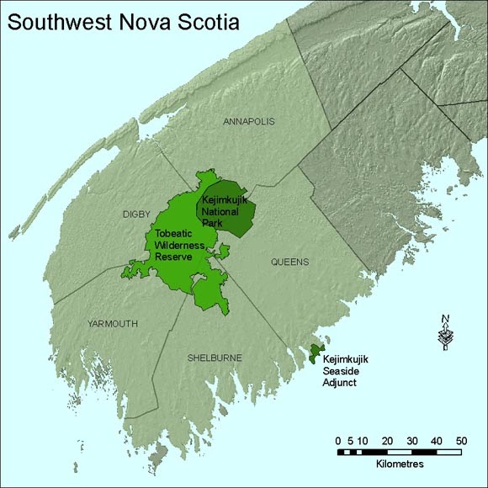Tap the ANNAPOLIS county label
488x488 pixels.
249,122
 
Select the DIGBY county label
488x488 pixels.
136,215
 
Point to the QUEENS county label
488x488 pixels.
289,262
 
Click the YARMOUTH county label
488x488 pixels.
112,323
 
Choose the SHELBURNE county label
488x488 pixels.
214,358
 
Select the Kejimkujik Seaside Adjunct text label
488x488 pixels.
347,371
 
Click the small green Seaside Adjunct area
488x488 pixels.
316,351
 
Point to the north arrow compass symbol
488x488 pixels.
445,332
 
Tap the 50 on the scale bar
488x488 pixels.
462,440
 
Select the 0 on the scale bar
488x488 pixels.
337,440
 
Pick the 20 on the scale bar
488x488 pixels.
387,440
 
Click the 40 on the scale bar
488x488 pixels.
438,440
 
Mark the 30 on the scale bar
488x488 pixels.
412,440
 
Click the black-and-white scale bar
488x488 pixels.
400,452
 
